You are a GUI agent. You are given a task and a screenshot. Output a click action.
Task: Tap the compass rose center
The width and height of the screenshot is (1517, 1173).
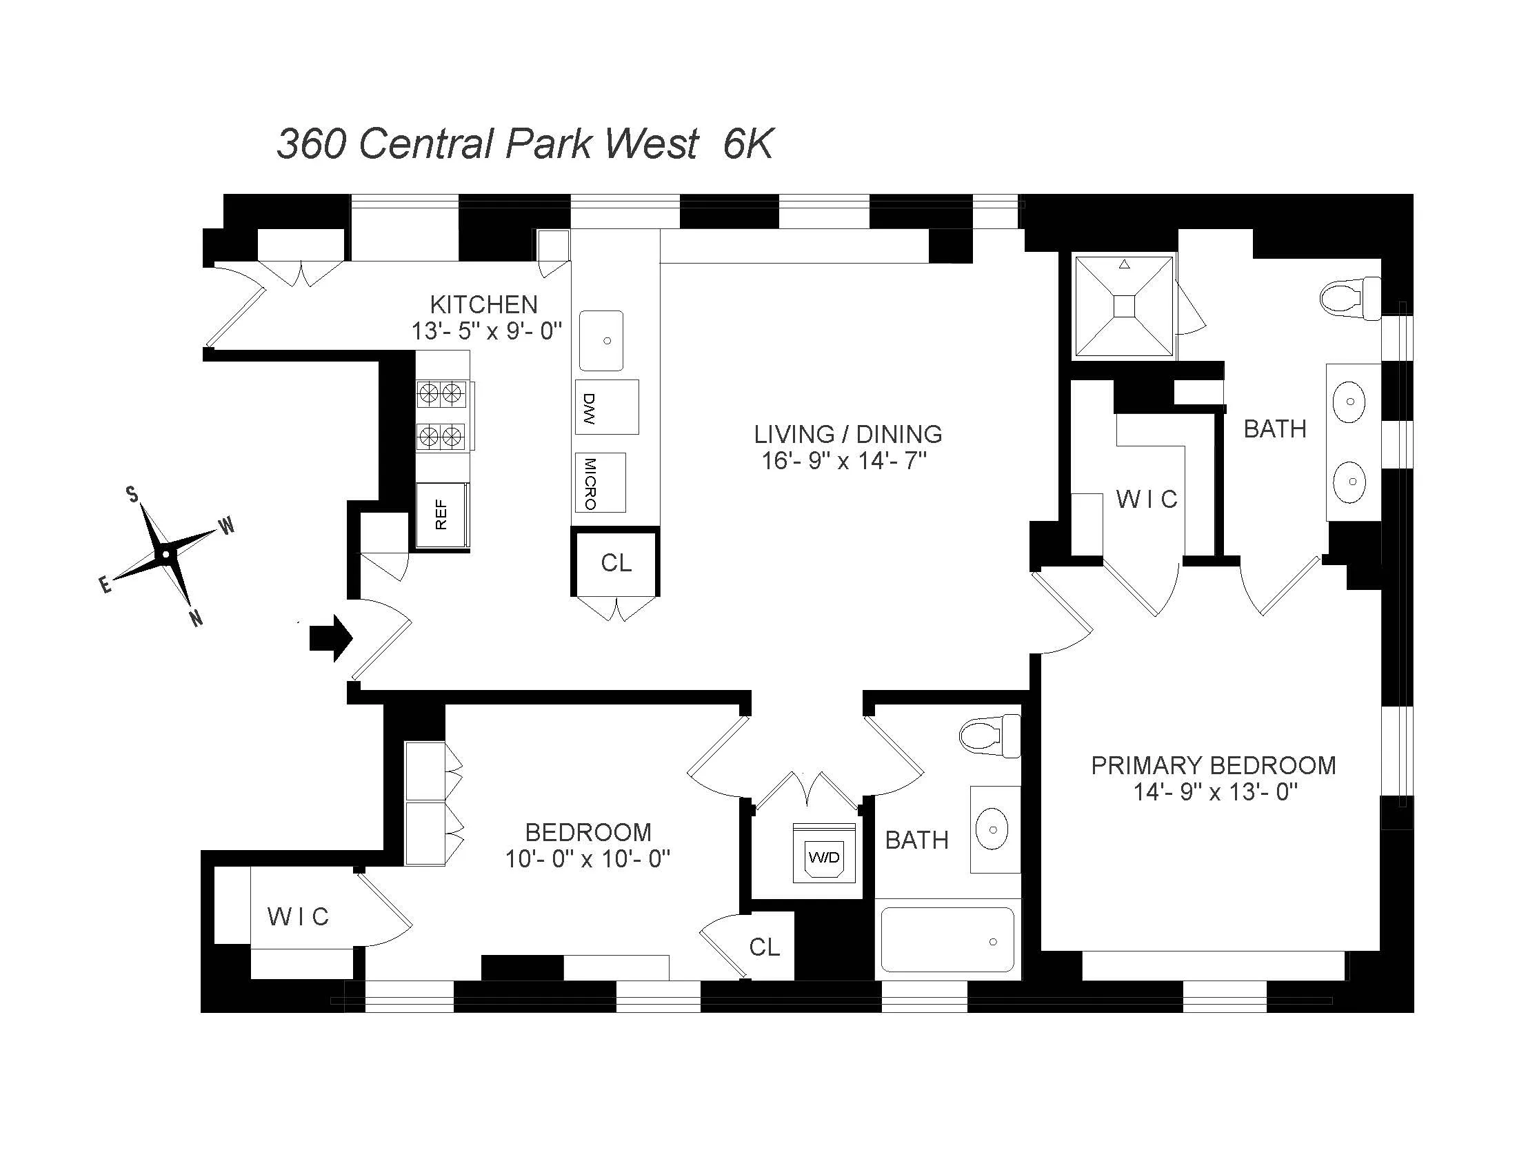pos(165,555)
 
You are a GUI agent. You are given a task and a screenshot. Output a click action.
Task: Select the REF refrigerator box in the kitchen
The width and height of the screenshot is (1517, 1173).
pos(442,515)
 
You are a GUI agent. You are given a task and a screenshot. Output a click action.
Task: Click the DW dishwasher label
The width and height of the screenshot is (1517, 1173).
pos(589,408)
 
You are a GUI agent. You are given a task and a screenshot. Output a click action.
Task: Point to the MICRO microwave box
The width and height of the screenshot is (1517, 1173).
pos(600,483)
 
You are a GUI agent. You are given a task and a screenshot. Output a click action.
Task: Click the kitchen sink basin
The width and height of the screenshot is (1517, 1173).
pos(601,340)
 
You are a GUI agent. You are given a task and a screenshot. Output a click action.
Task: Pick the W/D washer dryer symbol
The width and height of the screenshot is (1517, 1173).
pos(824,856)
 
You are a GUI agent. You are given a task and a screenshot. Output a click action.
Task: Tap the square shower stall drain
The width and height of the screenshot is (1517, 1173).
pos(1124,306)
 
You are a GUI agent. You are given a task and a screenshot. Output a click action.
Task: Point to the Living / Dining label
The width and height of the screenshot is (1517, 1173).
pos(848,434)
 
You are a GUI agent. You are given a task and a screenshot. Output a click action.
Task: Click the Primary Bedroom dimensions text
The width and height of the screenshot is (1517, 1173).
pos(1216,792)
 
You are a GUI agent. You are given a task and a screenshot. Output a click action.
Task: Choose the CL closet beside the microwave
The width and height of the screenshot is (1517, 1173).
pos(615,563)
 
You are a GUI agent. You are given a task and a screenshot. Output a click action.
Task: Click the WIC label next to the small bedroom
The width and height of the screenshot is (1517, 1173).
pos(298,916)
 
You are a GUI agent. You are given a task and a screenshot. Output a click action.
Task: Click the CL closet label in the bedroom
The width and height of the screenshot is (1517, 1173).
pos(764,947)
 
